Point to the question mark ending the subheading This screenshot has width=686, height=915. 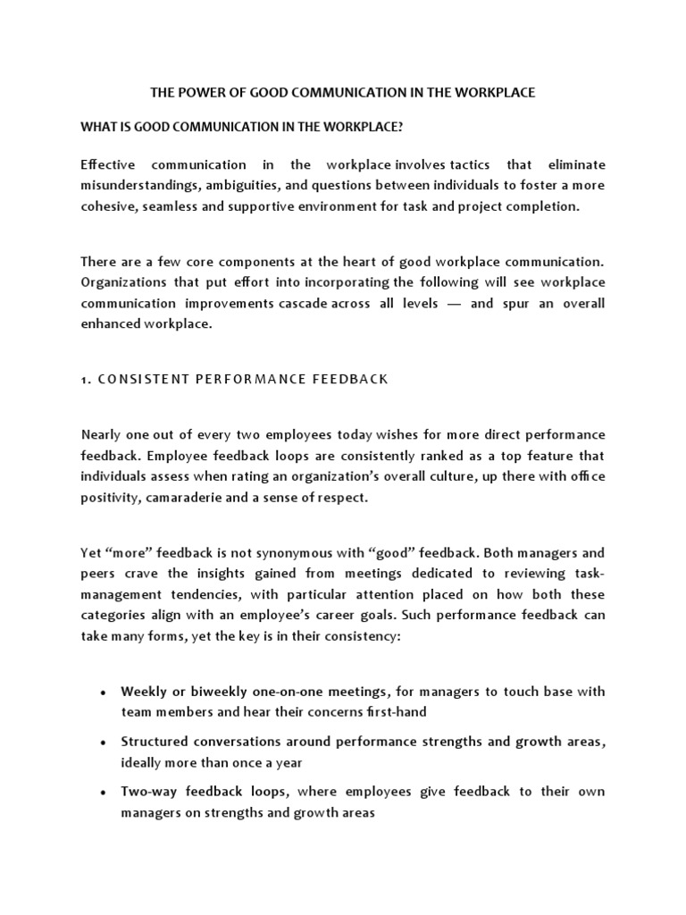(400, 128)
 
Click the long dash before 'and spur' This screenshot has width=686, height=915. (454, 303)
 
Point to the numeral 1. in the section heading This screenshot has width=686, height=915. (85, 379)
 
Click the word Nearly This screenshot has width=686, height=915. (100, 434)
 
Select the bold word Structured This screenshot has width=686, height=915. (153, 742)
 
